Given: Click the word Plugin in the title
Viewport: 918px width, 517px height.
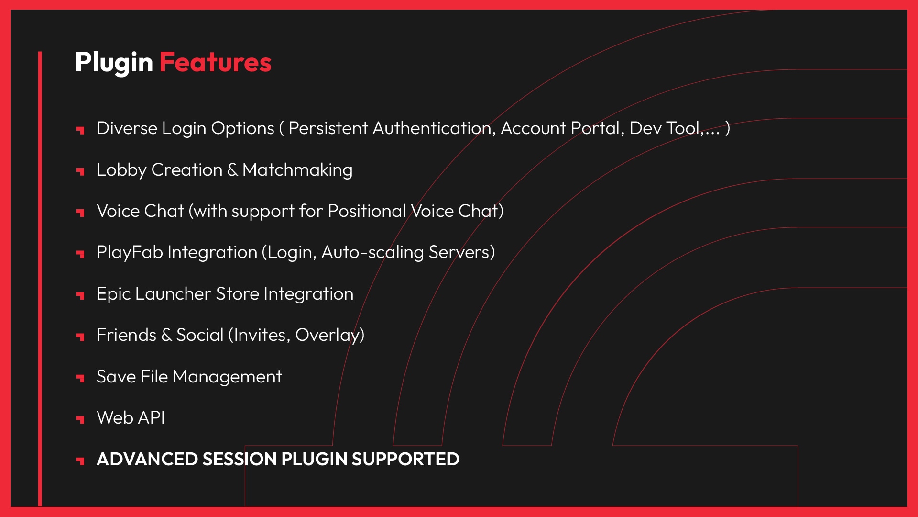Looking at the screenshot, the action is pos(114,63).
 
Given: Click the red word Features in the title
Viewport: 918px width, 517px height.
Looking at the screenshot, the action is pos(215,62).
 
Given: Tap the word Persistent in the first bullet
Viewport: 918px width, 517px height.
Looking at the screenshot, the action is pos(328,128).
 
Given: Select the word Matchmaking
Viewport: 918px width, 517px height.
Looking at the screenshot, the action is pos(297,170).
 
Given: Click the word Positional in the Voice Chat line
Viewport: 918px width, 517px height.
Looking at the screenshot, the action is pos(367,211).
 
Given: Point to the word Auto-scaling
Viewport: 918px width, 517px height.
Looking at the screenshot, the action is pos(372,253).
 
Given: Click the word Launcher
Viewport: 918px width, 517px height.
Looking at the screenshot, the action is pos(173,294).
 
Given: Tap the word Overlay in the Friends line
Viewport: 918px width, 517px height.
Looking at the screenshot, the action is pos(330,336).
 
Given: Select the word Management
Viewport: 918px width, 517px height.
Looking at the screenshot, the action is pos(227,377).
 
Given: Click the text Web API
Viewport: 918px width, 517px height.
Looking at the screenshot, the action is pos(131,418).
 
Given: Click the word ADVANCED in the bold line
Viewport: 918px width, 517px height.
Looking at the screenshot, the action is pos(147,459).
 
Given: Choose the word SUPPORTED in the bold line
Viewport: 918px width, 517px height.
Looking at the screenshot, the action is pos(405,459).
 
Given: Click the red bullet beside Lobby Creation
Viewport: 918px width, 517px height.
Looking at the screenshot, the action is pos(80,171).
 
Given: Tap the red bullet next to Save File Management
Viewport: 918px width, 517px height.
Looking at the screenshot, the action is pos(80,378).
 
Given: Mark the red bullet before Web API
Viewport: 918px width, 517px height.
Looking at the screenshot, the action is pos(80,419).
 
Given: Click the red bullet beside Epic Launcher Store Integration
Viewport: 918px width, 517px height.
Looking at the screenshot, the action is pos(80,295).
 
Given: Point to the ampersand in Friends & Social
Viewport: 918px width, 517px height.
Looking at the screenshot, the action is pos(166,335).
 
